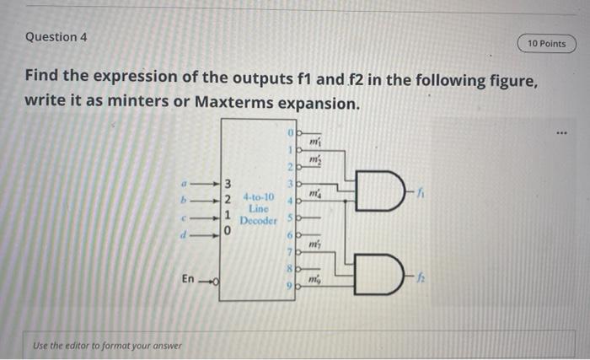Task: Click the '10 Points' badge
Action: click(546, 43)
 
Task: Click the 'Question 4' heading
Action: click(56, 37)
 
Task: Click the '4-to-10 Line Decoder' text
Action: click(258, 208)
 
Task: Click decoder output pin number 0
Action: click(288, 132)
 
